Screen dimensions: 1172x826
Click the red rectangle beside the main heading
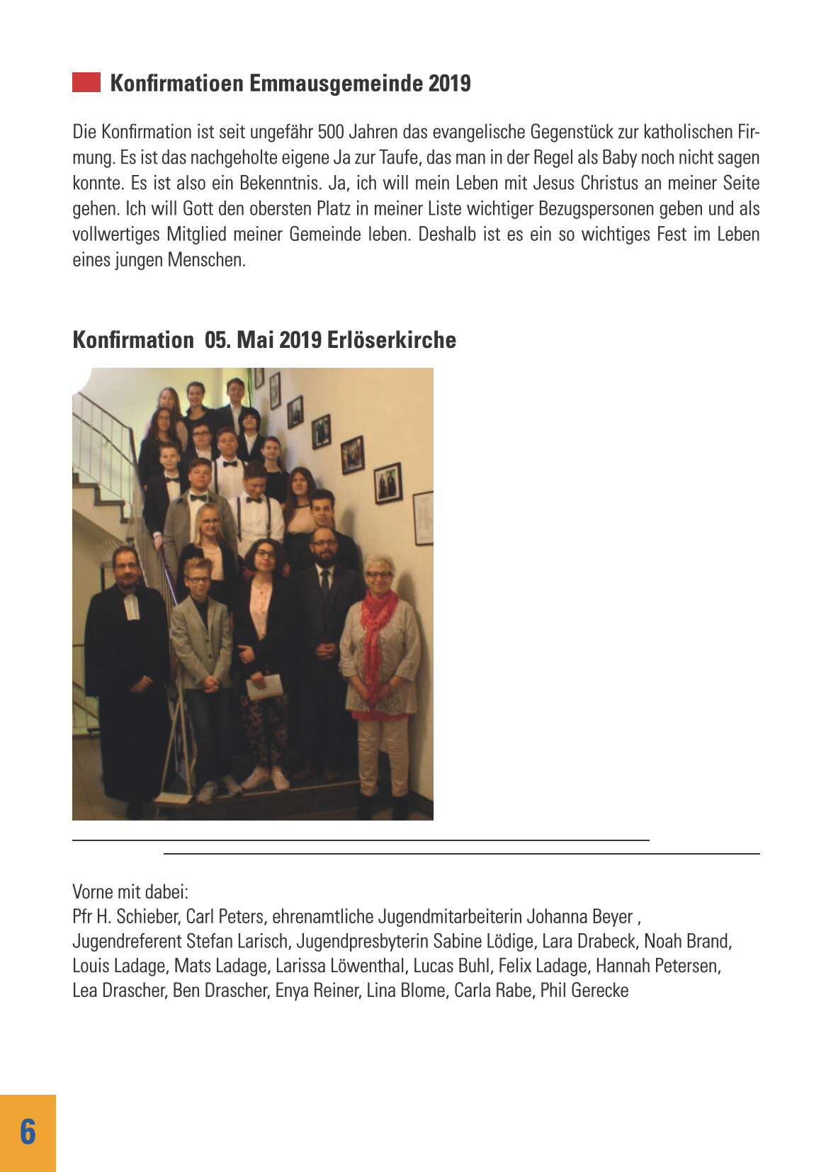[86, 82]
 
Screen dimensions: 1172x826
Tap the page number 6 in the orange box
[28, 1132]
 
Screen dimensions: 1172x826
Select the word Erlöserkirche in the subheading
[391, 340]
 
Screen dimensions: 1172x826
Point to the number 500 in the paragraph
[330, 133]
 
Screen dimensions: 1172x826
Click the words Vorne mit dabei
[130, 892]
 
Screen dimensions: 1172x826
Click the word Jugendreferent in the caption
[128, 942]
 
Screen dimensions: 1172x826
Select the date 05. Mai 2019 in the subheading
[263, 340]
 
